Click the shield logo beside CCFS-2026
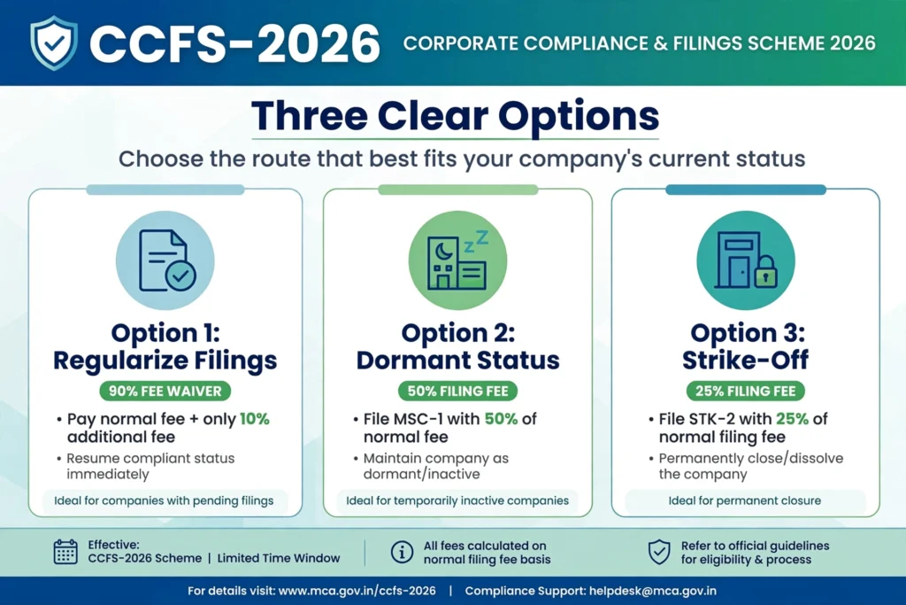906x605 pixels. coord(54,43)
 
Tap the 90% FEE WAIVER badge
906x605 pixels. coord(165,391)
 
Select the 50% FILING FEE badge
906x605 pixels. coord(457,391)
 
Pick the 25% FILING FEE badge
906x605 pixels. coord(745,391)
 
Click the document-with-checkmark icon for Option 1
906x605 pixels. coord(167,260)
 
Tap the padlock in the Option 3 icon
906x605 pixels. coord(765,272)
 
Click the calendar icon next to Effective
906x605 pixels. coord(65,552)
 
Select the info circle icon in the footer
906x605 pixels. coord(402,553)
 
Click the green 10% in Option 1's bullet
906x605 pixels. coord(255,419)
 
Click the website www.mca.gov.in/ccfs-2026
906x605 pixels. coord(357,591)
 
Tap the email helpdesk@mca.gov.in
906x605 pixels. coord(652,591)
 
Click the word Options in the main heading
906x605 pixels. coord(579,116)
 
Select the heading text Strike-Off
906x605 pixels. coord(745,360)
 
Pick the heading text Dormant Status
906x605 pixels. coord(457,360)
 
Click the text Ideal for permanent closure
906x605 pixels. coord(745,500)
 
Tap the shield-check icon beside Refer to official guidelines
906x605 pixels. coord(658,553)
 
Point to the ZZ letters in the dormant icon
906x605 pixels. coord(476,241)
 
